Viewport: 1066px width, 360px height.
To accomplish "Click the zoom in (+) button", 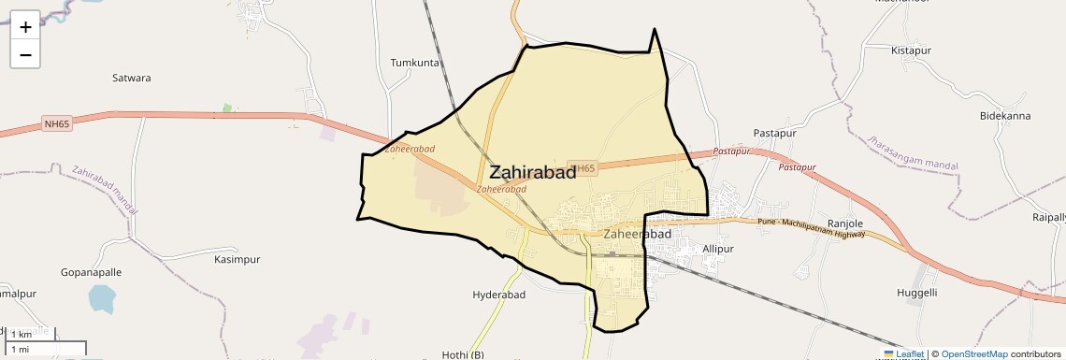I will pos(25,27).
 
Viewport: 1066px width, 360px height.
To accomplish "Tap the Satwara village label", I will pos(131,79).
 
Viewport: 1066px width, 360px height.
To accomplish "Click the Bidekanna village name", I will pos(1004,116).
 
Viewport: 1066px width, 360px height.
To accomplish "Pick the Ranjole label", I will pos(844,223).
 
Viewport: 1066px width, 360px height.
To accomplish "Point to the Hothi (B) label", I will pos(463,354).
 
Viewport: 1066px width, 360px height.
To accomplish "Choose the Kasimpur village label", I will pos(237,259).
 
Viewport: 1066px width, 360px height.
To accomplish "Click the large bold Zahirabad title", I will pos(532,172).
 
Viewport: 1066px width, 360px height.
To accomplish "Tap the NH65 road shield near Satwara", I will pos(57,124).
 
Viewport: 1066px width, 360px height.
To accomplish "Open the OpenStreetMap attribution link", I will pos(974,354).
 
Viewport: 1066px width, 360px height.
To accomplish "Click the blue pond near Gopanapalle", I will pos(101,299).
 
